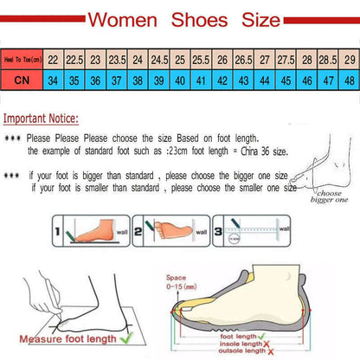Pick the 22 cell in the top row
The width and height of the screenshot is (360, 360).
53,61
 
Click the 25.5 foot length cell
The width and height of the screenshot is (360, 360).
201,61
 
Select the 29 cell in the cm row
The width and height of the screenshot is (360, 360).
348,61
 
